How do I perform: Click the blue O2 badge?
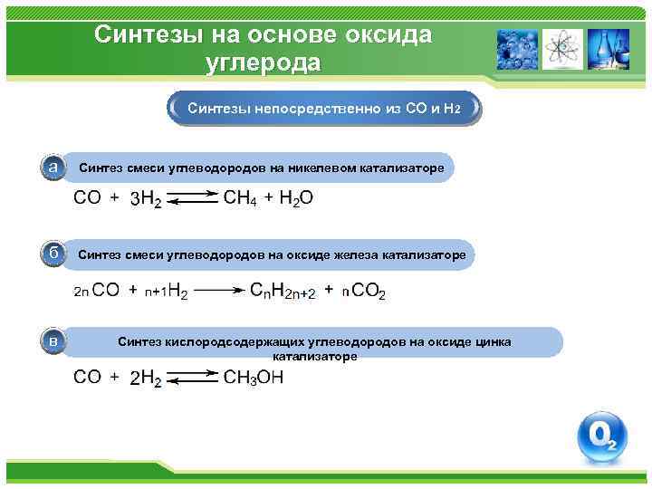602,437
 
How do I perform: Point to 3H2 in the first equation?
147,201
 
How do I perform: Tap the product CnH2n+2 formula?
282,292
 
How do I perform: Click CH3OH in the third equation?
253,378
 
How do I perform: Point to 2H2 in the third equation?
145,379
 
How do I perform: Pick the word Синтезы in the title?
150,34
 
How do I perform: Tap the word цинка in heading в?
491,341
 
